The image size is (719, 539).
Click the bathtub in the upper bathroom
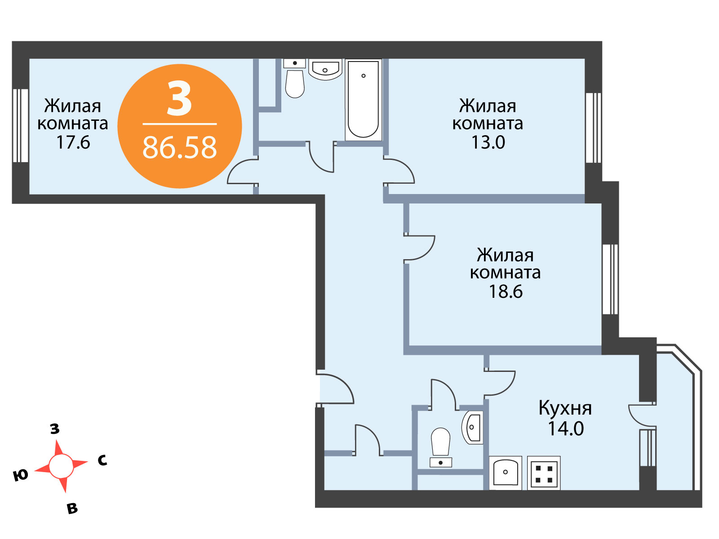pyautogui.click(x=363, y=100)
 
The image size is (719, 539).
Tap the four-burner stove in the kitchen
pyautogui.click(x=543, y=473)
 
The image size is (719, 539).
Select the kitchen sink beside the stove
pyautogui.click(x=505, y=473)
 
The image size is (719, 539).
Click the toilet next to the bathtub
pyautogui.click(x=294, y=79)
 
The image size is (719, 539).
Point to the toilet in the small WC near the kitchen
pyautogui.click(x=440, y=447)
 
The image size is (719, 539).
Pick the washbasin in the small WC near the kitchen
pyautogui.click(x=472, y=427)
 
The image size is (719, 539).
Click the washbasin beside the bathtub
pyautogui.click(x=325, y=69)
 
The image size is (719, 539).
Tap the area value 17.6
pyautogui.click(x=73, y=142)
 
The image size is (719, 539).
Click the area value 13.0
pyautogui.click(x=488, y=142)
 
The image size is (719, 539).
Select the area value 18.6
pyautogui.click(x=506, y=292)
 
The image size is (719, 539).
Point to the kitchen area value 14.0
pyautogui.click(x=566, y=429)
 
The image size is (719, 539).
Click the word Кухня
pyautogui.click(x=565, y=409)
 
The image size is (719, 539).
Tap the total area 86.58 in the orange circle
pyautogui.click(x=179, y=148)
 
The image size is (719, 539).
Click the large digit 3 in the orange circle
pyautogui.click(x=179, y=98)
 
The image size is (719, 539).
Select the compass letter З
pyautogui.click(x=55, y=429)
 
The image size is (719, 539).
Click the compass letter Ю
pyautogui.click(x=20, y=475)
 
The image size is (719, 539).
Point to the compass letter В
pyautogui.click(x=72, y=508)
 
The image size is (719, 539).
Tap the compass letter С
pyautogui.click(x=102, y=461)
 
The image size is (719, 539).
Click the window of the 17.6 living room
pyautogui.click(x=20, y=126)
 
